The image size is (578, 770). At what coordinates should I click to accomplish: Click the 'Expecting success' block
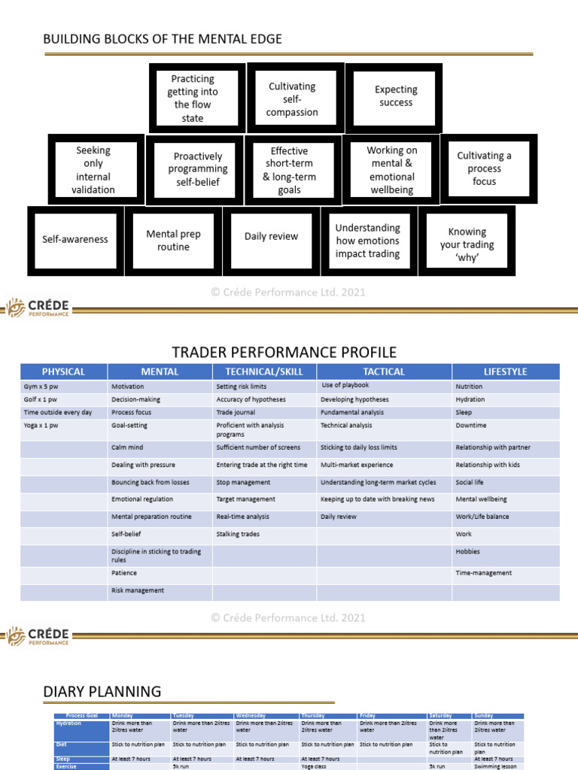click(x=395, y=96)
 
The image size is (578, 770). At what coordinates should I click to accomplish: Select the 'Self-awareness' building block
click(x=75, y=240)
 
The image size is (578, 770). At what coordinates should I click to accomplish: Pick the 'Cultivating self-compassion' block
click(x=293, y=99)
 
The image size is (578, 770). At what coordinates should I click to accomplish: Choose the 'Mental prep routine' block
click(x=173, y=241)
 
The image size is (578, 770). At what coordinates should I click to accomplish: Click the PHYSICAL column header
click(x=64, y=371)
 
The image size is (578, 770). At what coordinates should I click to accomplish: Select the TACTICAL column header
click(x=384, y=371)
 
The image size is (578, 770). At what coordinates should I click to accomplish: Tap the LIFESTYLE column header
click(x=505, y=371)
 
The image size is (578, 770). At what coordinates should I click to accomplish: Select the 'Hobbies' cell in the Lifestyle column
click(x=467, y=551)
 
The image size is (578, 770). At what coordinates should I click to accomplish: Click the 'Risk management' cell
click(x=138, y=590)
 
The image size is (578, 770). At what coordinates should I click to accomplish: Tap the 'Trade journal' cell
click(x=236, y=412)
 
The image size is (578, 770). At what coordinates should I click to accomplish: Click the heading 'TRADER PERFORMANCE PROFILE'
click(x=284, y=353)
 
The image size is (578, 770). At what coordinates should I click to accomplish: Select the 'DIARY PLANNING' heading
click(x=102, y=691)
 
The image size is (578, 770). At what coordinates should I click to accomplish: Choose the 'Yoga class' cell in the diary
click(x=316, y=766)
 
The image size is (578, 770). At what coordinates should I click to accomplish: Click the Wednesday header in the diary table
click(x=251, y=716)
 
